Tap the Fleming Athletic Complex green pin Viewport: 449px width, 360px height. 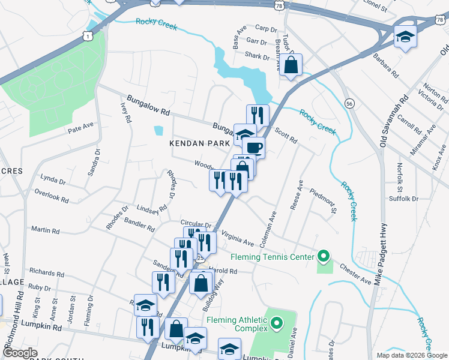tap(277, 325)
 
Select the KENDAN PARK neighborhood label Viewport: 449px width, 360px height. tap(199, 144)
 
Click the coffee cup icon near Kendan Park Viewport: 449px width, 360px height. tap(254, 147)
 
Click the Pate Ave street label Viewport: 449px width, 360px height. tap(81, 127)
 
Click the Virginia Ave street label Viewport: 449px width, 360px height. tap(237, 238)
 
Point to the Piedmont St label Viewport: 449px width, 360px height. tap(324, 202)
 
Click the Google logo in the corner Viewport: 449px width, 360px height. tap(20, 353)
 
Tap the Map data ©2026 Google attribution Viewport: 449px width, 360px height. tap(411, 355)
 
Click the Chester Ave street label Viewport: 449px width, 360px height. tap(355, 272)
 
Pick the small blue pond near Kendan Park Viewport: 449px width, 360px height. tap(158, 130)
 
